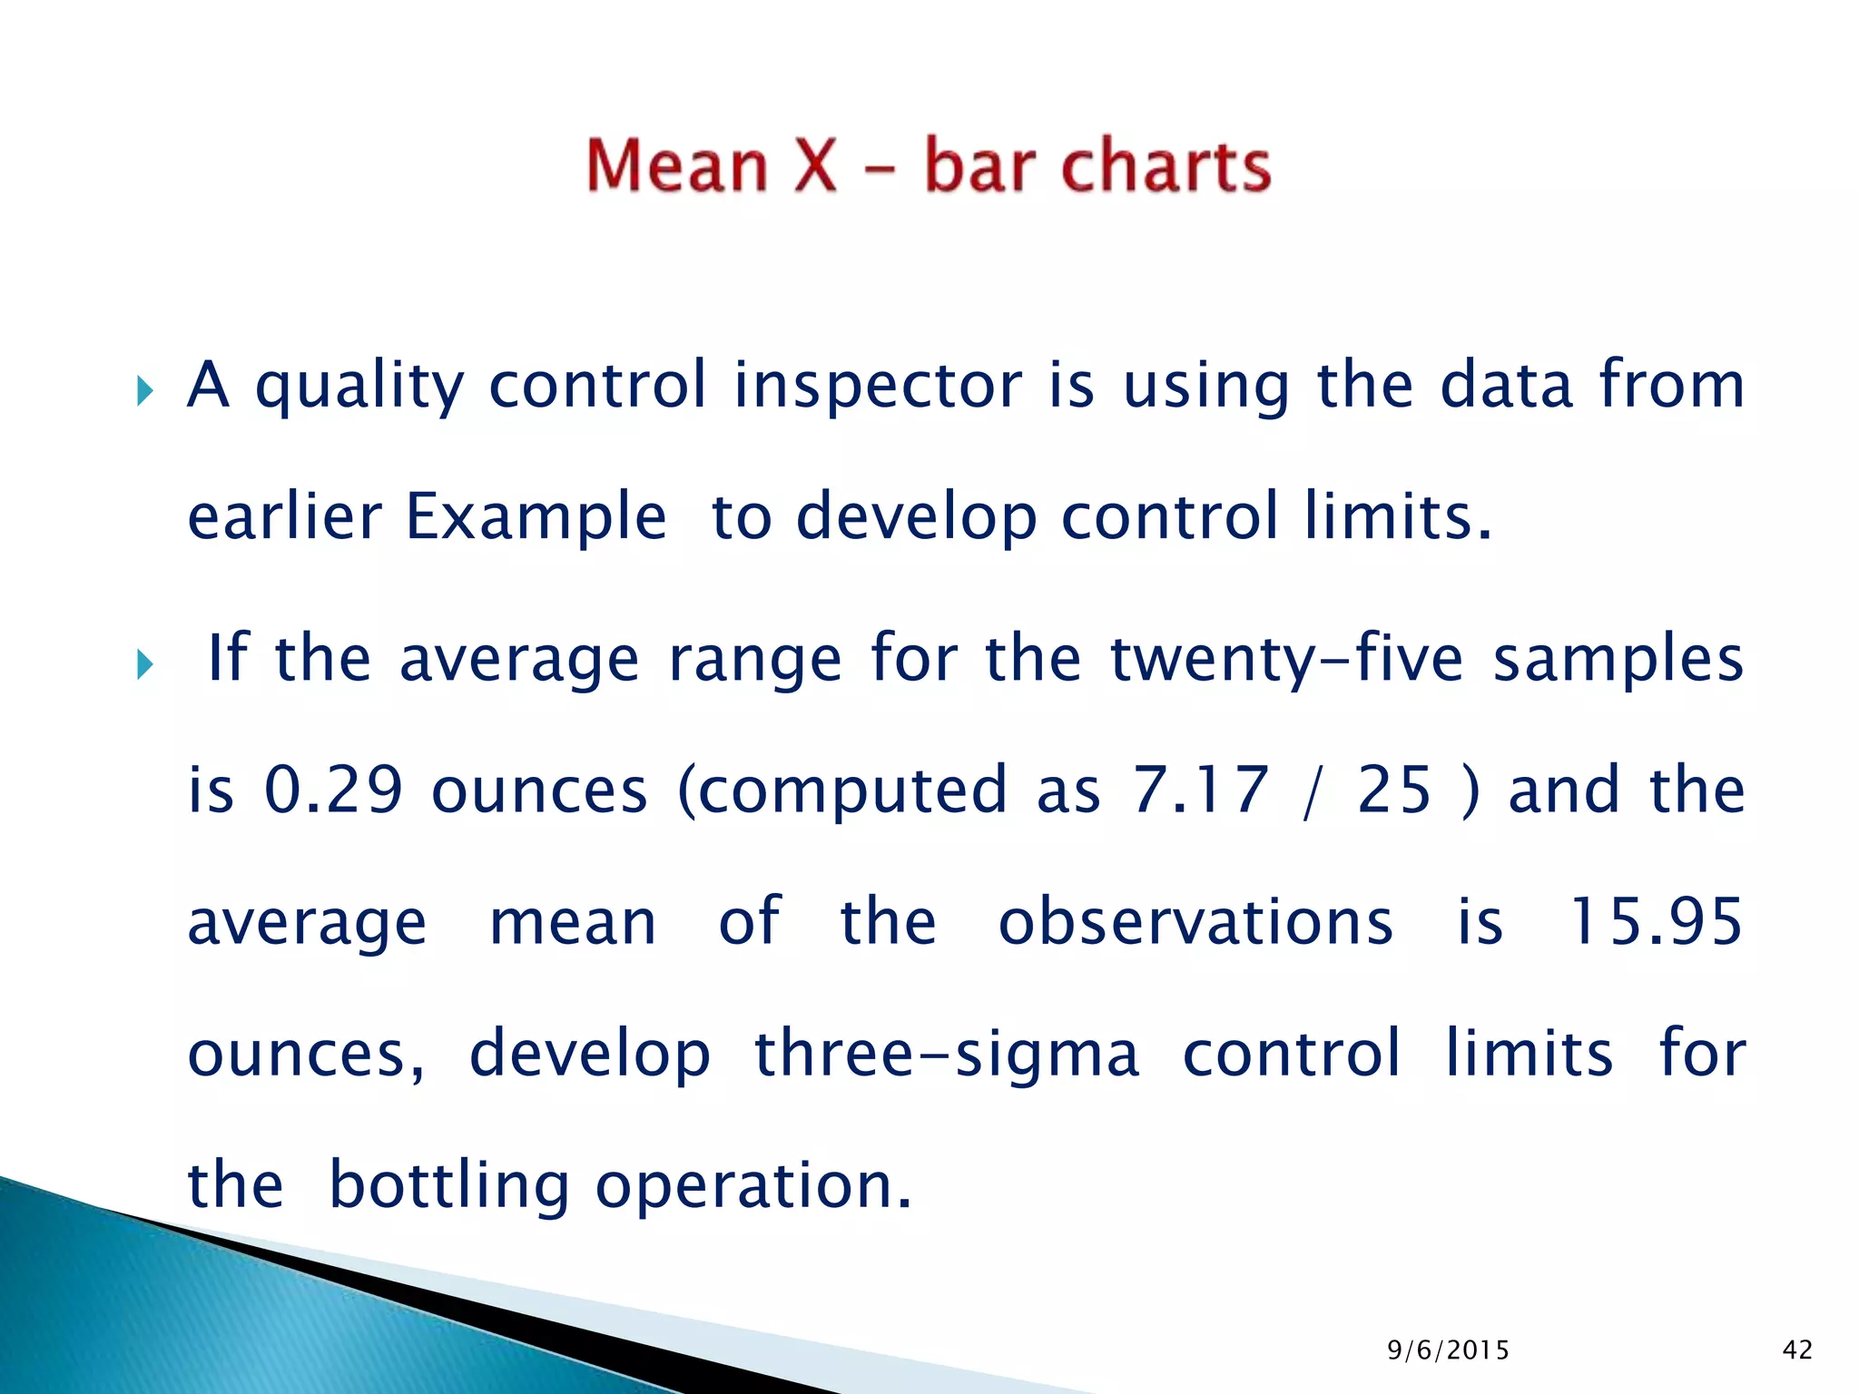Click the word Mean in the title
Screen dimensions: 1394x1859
pyautogui.click(x=677, y=167)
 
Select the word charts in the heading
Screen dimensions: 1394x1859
pyautogui.click(x=1166, y=167)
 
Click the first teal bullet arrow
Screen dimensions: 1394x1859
pyautogui.click(x=145, y=392)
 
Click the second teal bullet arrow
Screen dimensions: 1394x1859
pyautogui.click(x=145, y=665)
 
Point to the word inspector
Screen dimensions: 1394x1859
pyautogui.click(x=877, y=385)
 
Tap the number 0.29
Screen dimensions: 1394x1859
pyautogui.click(x=333, y=790)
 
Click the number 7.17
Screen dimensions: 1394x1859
pyautogui.click(x=1199, y=790)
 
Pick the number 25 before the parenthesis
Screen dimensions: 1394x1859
pyautogui.click(x=1394, y=790)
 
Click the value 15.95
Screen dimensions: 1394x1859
pyautogui.click(x=1656, y=922)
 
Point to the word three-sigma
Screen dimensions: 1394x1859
pyautogui.click(x=946, y=1055)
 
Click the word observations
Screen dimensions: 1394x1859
pyautogui.click(x=1195, y=922)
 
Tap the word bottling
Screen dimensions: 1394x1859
pyautogui.click(x=448, y=1187)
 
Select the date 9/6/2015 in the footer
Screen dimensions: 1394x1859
pyautogui.click(x=1448, y=1350)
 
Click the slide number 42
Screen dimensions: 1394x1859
pyautogui.click(x=1797, y=1350)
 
